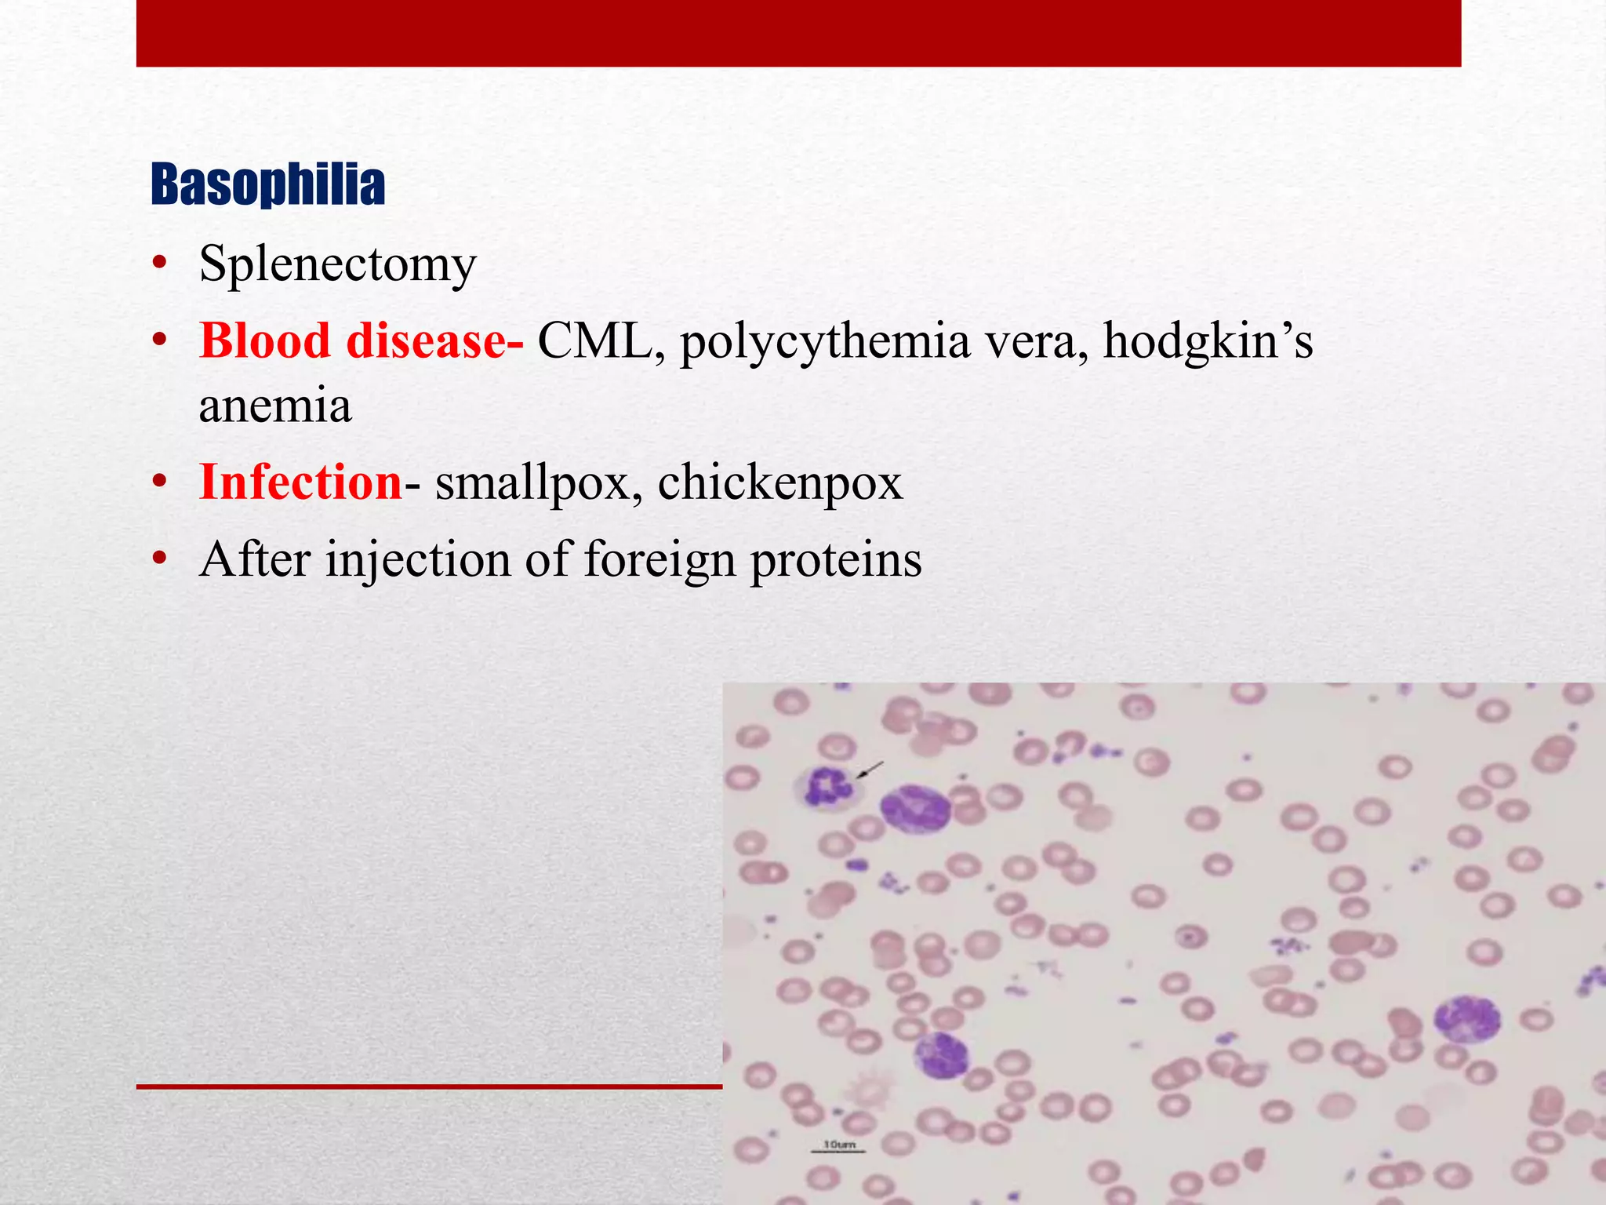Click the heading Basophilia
[x=267, y=185]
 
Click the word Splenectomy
[x=337, y=264]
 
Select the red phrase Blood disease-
[x=361, y=342]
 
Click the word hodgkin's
[x=1208, y=344]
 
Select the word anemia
[x=275, y=406]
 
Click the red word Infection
[x=300, y=482]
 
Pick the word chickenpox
[x=779, y=483]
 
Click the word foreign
[x=659, y=560]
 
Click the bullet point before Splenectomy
[x=160, y=264]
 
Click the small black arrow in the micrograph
[x=870, y=770]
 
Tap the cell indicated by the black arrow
[x=828, y=786]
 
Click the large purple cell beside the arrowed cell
[x=914, y=808]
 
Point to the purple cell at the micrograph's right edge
[x=1466, y=1018]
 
